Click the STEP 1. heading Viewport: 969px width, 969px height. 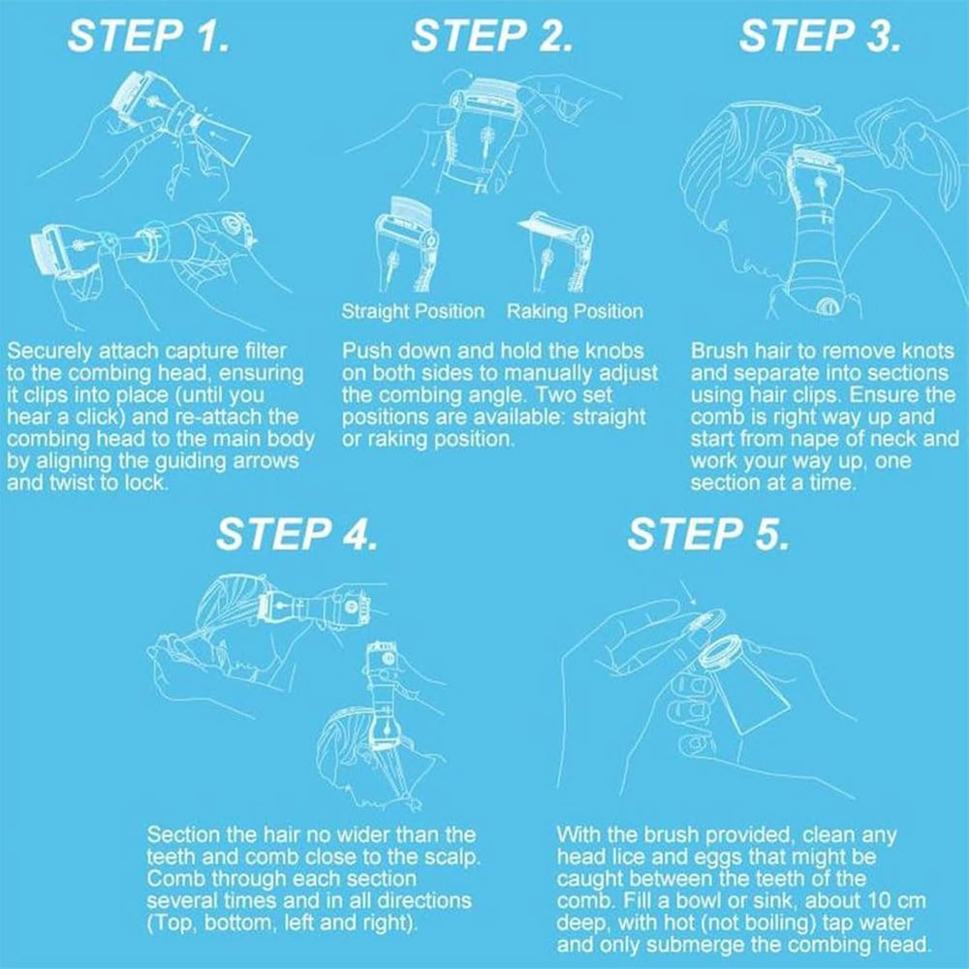(148, 36)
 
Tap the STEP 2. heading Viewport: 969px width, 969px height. (492, 36)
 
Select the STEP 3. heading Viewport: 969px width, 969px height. (820, 36)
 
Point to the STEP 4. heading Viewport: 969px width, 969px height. (297, 534)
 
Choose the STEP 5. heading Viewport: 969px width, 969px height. (708, 534)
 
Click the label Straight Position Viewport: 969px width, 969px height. (413, 311)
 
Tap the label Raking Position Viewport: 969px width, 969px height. (575, 311)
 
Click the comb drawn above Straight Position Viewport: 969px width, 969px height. (405, 244)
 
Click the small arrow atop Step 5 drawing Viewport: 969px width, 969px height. (688, 593)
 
